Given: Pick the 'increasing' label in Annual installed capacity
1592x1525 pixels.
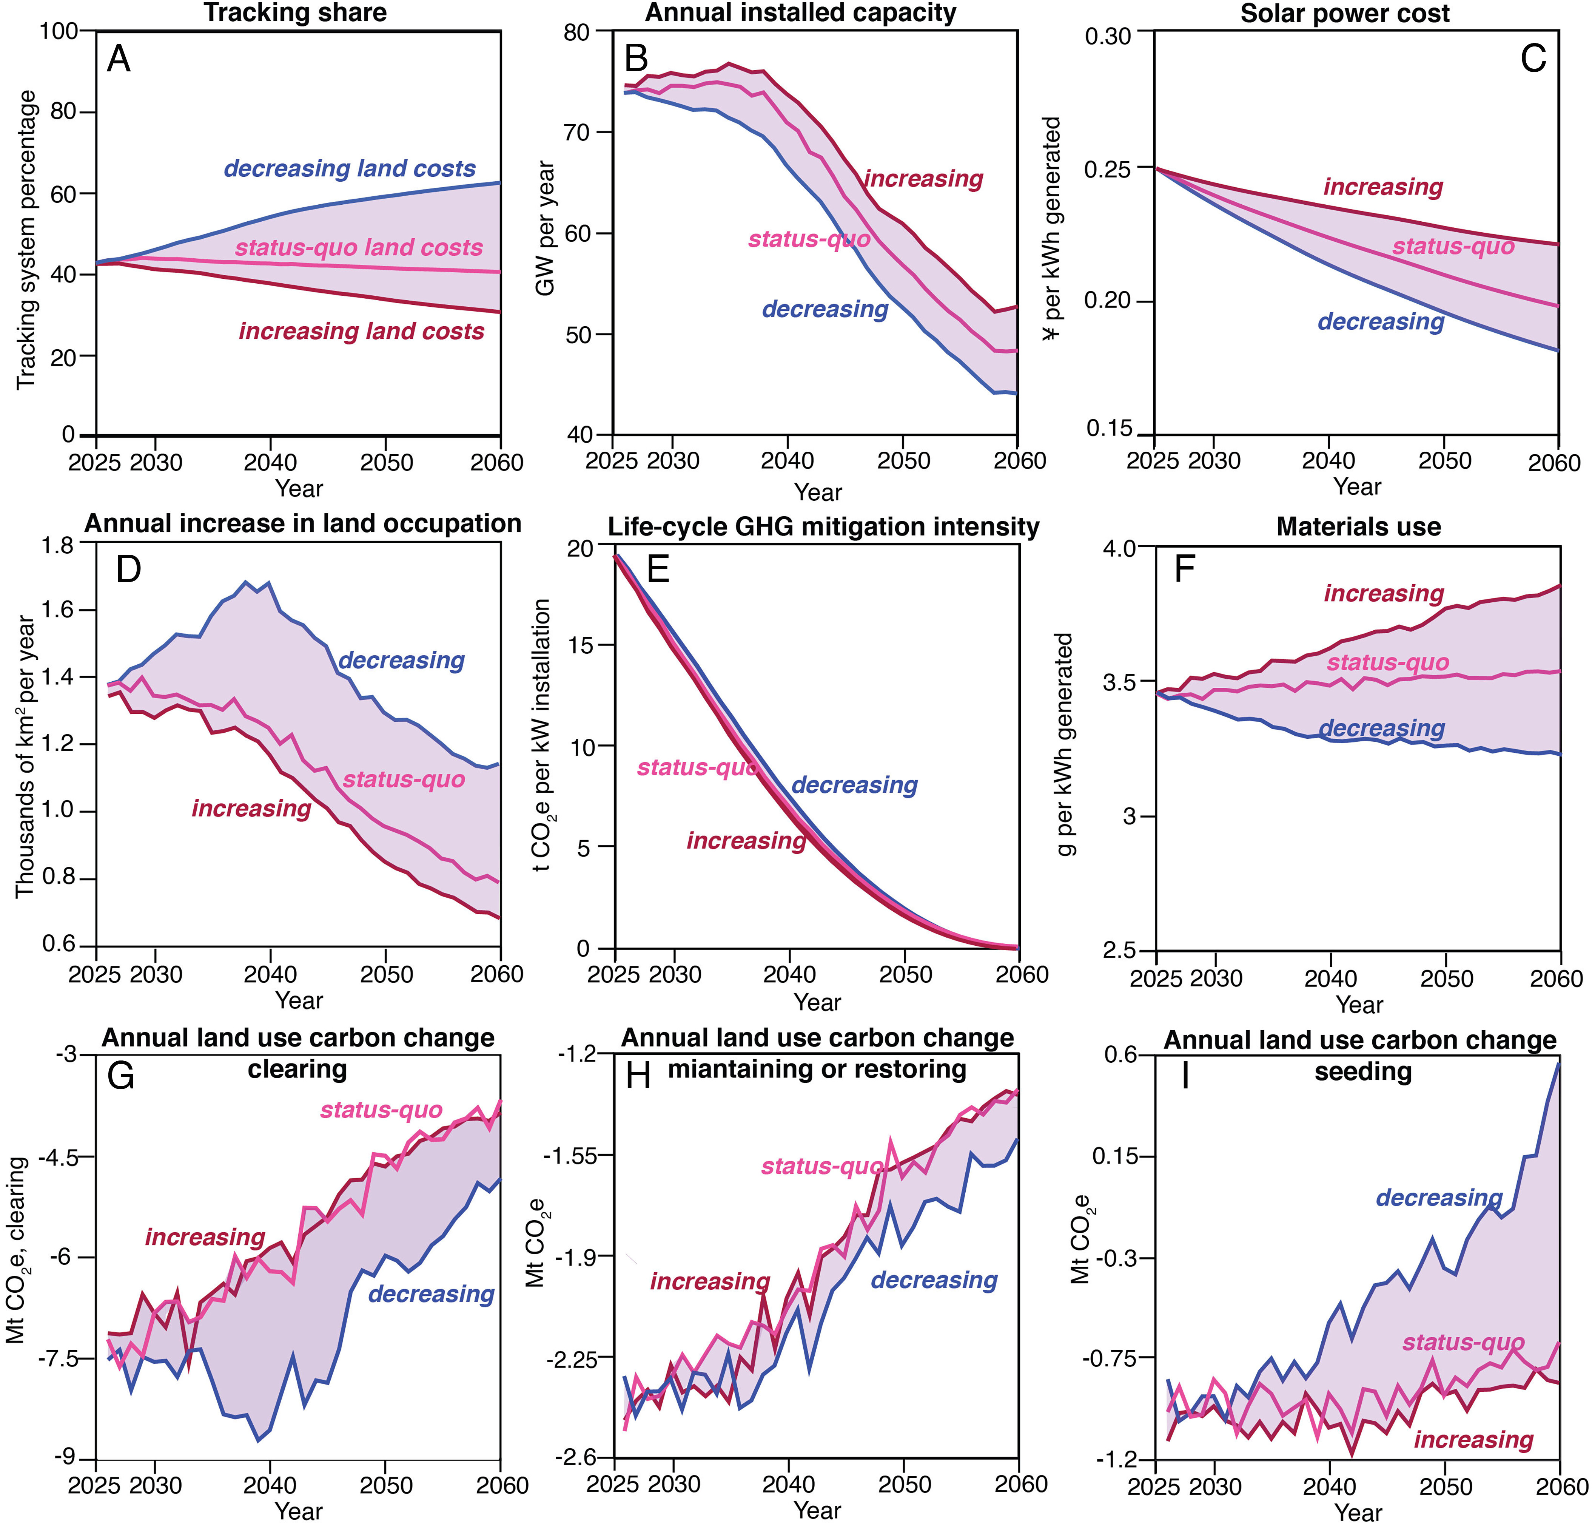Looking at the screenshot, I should point(923,179).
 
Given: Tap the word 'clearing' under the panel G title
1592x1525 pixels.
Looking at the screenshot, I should point(297,1069).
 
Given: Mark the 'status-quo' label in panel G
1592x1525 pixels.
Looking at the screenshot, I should point(381,1110).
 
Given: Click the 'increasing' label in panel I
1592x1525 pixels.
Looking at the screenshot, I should point(1473,1440).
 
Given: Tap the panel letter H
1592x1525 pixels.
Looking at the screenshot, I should point(638,1076).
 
